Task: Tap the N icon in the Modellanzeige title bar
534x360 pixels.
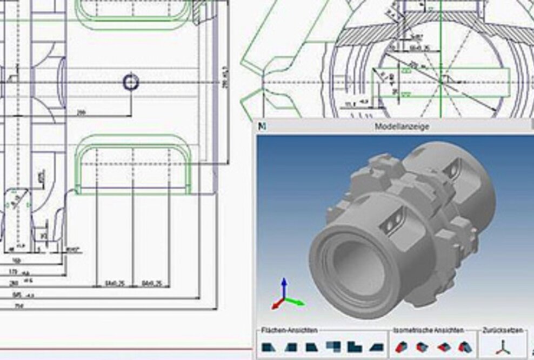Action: point(262,126)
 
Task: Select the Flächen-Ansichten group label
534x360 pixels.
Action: point(289,330)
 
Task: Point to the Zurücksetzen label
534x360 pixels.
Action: point(503,330)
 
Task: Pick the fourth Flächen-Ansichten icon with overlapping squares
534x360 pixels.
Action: point(333,346)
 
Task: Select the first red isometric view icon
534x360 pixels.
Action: point(400,347)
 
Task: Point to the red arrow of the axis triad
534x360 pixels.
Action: point(276,305)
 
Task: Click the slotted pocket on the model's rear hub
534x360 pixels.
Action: point(452,169)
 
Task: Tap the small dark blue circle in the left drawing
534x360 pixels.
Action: point(131,82)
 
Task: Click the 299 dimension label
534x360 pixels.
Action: point(82,112)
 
